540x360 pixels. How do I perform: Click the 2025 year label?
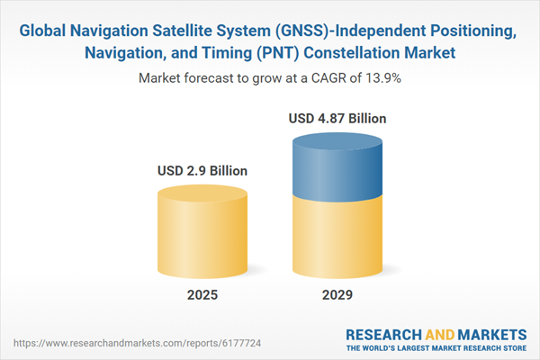click(x=202, y=295)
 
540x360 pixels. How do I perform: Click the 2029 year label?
click(x=337, y=295)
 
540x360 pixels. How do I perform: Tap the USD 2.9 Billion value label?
click(x=202, y=171)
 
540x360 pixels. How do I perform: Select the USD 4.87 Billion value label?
click(x=337, y=119)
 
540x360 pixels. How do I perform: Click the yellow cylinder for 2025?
click(x=202, y=231)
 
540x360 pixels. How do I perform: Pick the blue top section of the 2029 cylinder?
click(x=337, y=165)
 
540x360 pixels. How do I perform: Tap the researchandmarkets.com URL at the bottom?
click(x=137, y=343)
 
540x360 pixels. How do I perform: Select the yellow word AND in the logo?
click(x=440, y=335)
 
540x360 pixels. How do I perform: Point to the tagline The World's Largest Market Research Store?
click(x=436, y=348)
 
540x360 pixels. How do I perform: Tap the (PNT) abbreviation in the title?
click(x=278, y=53)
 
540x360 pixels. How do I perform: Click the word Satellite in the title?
click(x=182, y=31)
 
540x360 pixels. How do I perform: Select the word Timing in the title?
click(x=228, y=53)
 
